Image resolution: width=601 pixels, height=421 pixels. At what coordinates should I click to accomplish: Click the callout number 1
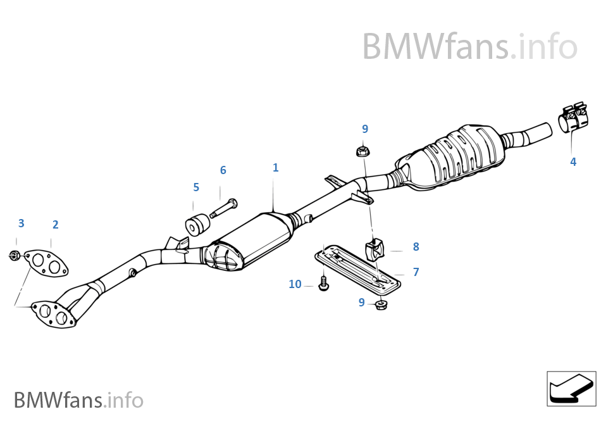275,168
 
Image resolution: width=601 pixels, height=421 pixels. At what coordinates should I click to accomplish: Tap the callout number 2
55,224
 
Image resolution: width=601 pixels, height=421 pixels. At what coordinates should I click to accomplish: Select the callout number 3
21,223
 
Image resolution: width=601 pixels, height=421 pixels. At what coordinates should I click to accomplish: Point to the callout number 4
573,161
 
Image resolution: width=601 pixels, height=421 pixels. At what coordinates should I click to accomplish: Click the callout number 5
196,187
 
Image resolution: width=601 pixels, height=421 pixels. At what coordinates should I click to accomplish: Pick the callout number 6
223,170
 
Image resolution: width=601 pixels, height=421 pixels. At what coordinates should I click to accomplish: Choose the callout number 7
416,272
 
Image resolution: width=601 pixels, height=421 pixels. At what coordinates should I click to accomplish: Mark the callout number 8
416,246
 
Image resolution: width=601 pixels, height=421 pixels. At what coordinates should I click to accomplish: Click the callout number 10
295,284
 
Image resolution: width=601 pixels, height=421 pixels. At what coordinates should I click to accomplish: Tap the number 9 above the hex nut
364,129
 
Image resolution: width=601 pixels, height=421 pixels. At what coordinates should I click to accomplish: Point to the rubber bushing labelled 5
195,224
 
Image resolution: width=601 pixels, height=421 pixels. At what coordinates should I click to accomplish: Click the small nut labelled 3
15,255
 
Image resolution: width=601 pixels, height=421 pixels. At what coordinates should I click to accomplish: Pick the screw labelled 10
324,283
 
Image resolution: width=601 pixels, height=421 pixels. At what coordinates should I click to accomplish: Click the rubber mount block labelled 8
375,249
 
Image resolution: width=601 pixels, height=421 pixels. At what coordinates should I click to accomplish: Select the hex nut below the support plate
381,306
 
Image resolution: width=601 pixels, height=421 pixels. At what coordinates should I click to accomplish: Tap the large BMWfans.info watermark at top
469,47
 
